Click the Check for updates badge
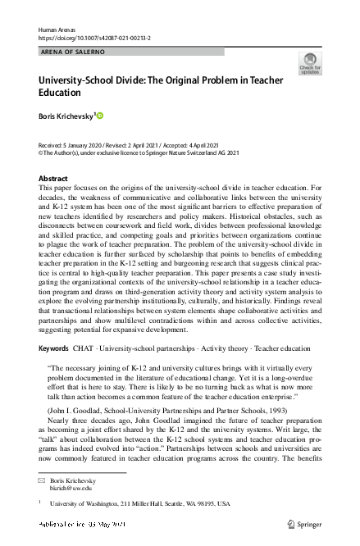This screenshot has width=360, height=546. click(x=310, y=63)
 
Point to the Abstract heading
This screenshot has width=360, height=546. click(x=53, y=178)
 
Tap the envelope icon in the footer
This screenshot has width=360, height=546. click(x=43, y=480)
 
